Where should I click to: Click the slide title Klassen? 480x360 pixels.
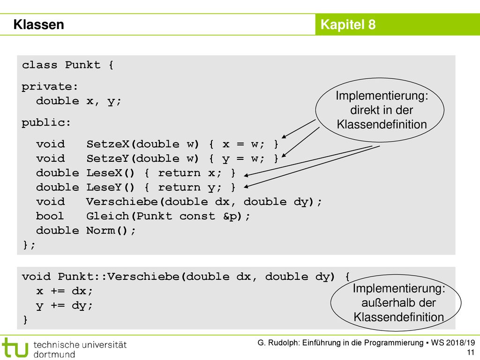38,24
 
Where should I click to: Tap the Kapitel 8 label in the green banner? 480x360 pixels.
348,24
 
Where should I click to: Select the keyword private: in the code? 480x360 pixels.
50,87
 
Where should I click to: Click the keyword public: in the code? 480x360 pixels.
46,123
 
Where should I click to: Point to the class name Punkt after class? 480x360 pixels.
82,65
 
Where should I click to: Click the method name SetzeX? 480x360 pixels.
108,144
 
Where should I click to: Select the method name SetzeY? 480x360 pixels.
108,158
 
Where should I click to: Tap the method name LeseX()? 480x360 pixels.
110,172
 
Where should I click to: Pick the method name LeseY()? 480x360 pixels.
110,187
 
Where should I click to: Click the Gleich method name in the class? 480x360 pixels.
108,216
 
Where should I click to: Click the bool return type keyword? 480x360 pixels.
50,216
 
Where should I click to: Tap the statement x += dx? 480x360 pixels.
64,291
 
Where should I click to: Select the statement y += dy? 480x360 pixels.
64,305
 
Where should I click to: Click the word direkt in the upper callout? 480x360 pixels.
364,110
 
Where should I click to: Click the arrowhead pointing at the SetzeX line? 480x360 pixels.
284,136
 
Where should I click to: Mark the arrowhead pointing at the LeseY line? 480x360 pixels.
247,186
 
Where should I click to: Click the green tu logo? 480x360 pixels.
15,347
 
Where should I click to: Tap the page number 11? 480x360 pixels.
471,352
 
